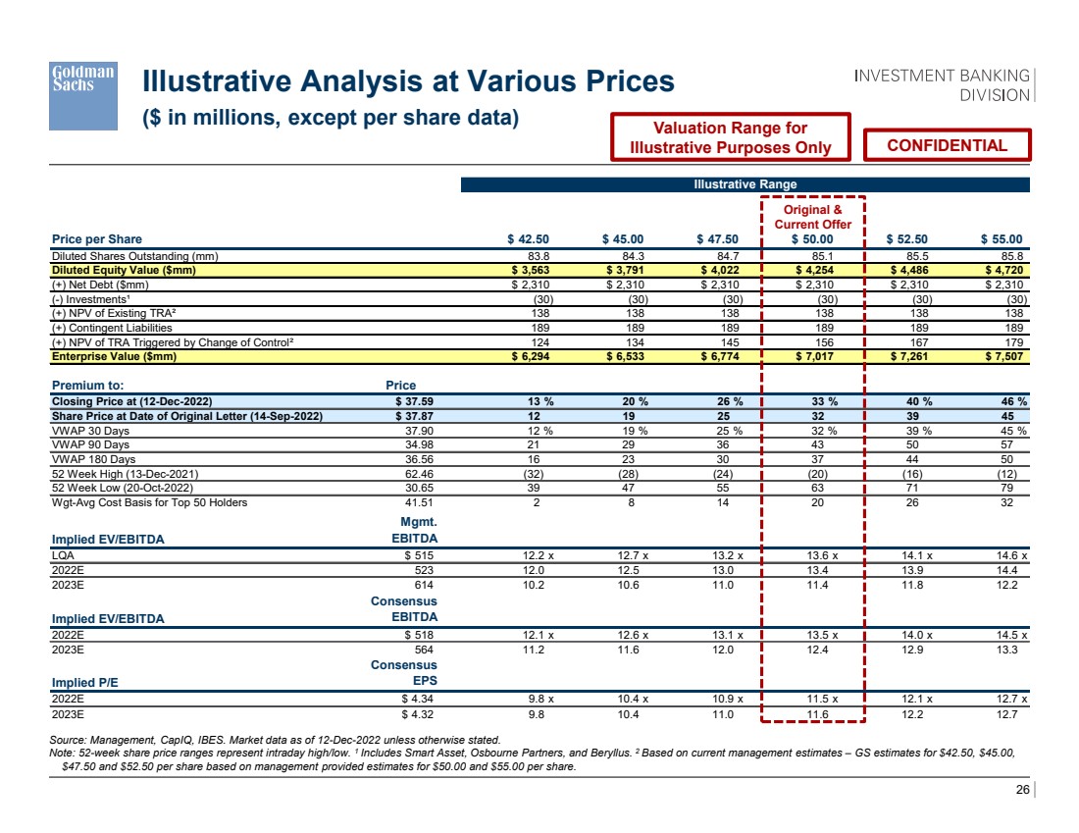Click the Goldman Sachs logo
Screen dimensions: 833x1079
click(83, 95)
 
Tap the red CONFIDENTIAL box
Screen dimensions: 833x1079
click(947, 145)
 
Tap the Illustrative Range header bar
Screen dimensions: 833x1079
click(745, 184)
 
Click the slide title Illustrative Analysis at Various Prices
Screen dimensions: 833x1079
click(409, 81)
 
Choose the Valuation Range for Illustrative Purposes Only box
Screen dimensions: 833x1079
click(730, 137)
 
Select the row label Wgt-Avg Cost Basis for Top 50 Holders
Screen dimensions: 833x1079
click(149, 503)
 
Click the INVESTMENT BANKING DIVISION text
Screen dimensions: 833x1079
click(942, 85)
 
